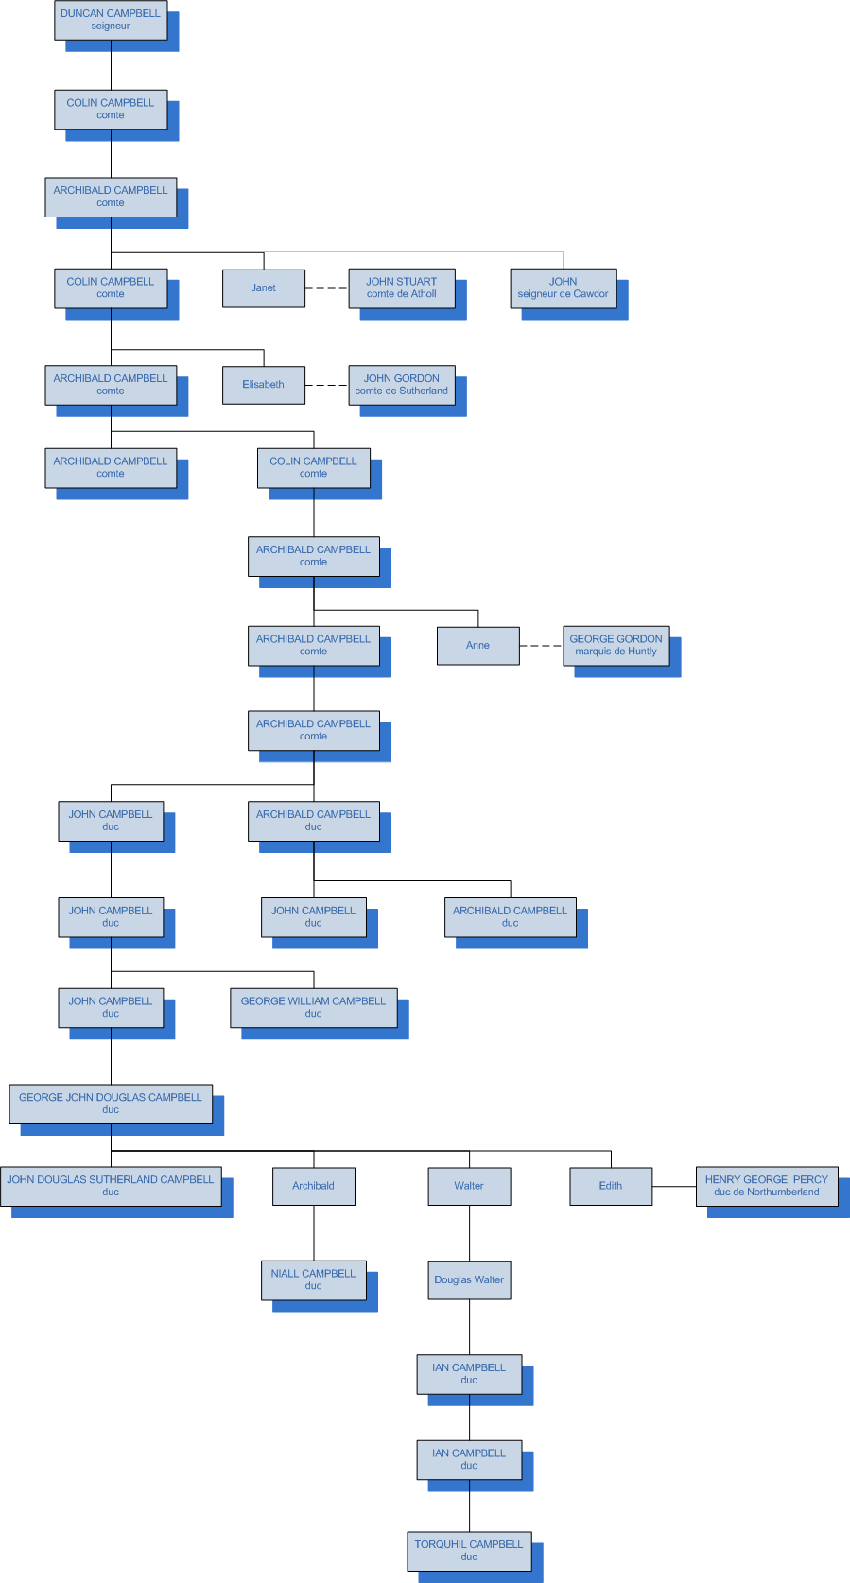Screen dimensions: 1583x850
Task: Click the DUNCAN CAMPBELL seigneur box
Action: tap(111, 20)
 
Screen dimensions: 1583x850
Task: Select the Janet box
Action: tap(264, 288)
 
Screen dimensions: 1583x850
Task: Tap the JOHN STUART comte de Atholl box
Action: tap(402, 288)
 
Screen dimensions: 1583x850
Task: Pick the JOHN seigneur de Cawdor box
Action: tap(564, 288)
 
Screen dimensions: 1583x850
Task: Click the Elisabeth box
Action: tap(264, 385)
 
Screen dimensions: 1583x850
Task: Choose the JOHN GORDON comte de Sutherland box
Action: tap(402, 385)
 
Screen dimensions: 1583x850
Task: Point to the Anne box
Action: tap(478, 646)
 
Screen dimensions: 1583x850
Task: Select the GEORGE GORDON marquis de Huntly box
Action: tap(616, 646)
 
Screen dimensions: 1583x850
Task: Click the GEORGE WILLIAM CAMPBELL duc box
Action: tap(314, 1008)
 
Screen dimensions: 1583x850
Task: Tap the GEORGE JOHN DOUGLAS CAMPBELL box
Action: tap(111, 1104)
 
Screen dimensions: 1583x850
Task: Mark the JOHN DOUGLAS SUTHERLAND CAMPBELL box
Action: tap(111, 1186)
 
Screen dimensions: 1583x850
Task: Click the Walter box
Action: tap(469, 1186)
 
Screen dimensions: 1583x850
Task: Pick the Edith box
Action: tap(611, 1186)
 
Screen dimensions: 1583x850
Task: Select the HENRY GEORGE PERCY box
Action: tap(767, 1186)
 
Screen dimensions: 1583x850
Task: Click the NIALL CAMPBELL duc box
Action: tap(314, 1280)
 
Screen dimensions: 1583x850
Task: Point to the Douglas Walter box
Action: tap(469, 1280)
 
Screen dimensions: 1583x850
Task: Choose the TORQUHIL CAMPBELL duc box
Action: tap(469, 1551)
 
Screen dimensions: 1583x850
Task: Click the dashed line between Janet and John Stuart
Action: tap(327, 288)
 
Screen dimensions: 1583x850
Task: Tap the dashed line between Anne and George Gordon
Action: tap(541, 646)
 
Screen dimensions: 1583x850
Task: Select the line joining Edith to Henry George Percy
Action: tap(674, 1186)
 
